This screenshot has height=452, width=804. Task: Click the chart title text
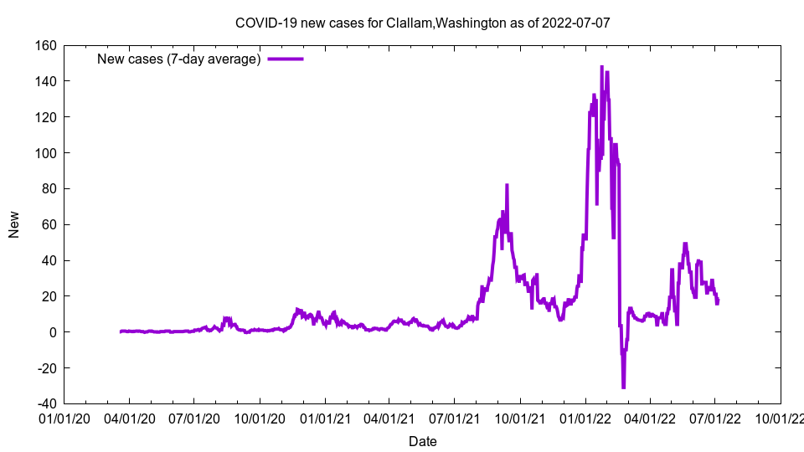(x=422, y=23)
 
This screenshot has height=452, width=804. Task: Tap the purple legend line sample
(x=285, y=59)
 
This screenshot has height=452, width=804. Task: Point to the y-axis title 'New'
(x=14, y=224)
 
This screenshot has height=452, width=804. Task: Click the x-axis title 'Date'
(x=422, y=441)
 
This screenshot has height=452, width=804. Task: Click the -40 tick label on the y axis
(x=47, y=404)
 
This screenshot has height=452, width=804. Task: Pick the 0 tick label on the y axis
(x=52, y=332)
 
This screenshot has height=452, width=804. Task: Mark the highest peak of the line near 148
(x=601, y=67)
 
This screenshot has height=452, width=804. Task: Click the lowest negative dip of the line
(x=623, y=388)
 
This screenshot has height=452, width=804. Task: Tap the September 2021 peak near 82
(x=507, y=185)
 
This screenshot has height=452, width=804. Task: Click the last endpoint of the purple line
(x=718, y=300)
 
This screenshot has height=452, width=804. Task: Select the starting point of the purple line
(x=121, y=331)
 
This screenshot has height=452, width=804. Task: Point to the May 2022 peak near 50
(x=685, y=244)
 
